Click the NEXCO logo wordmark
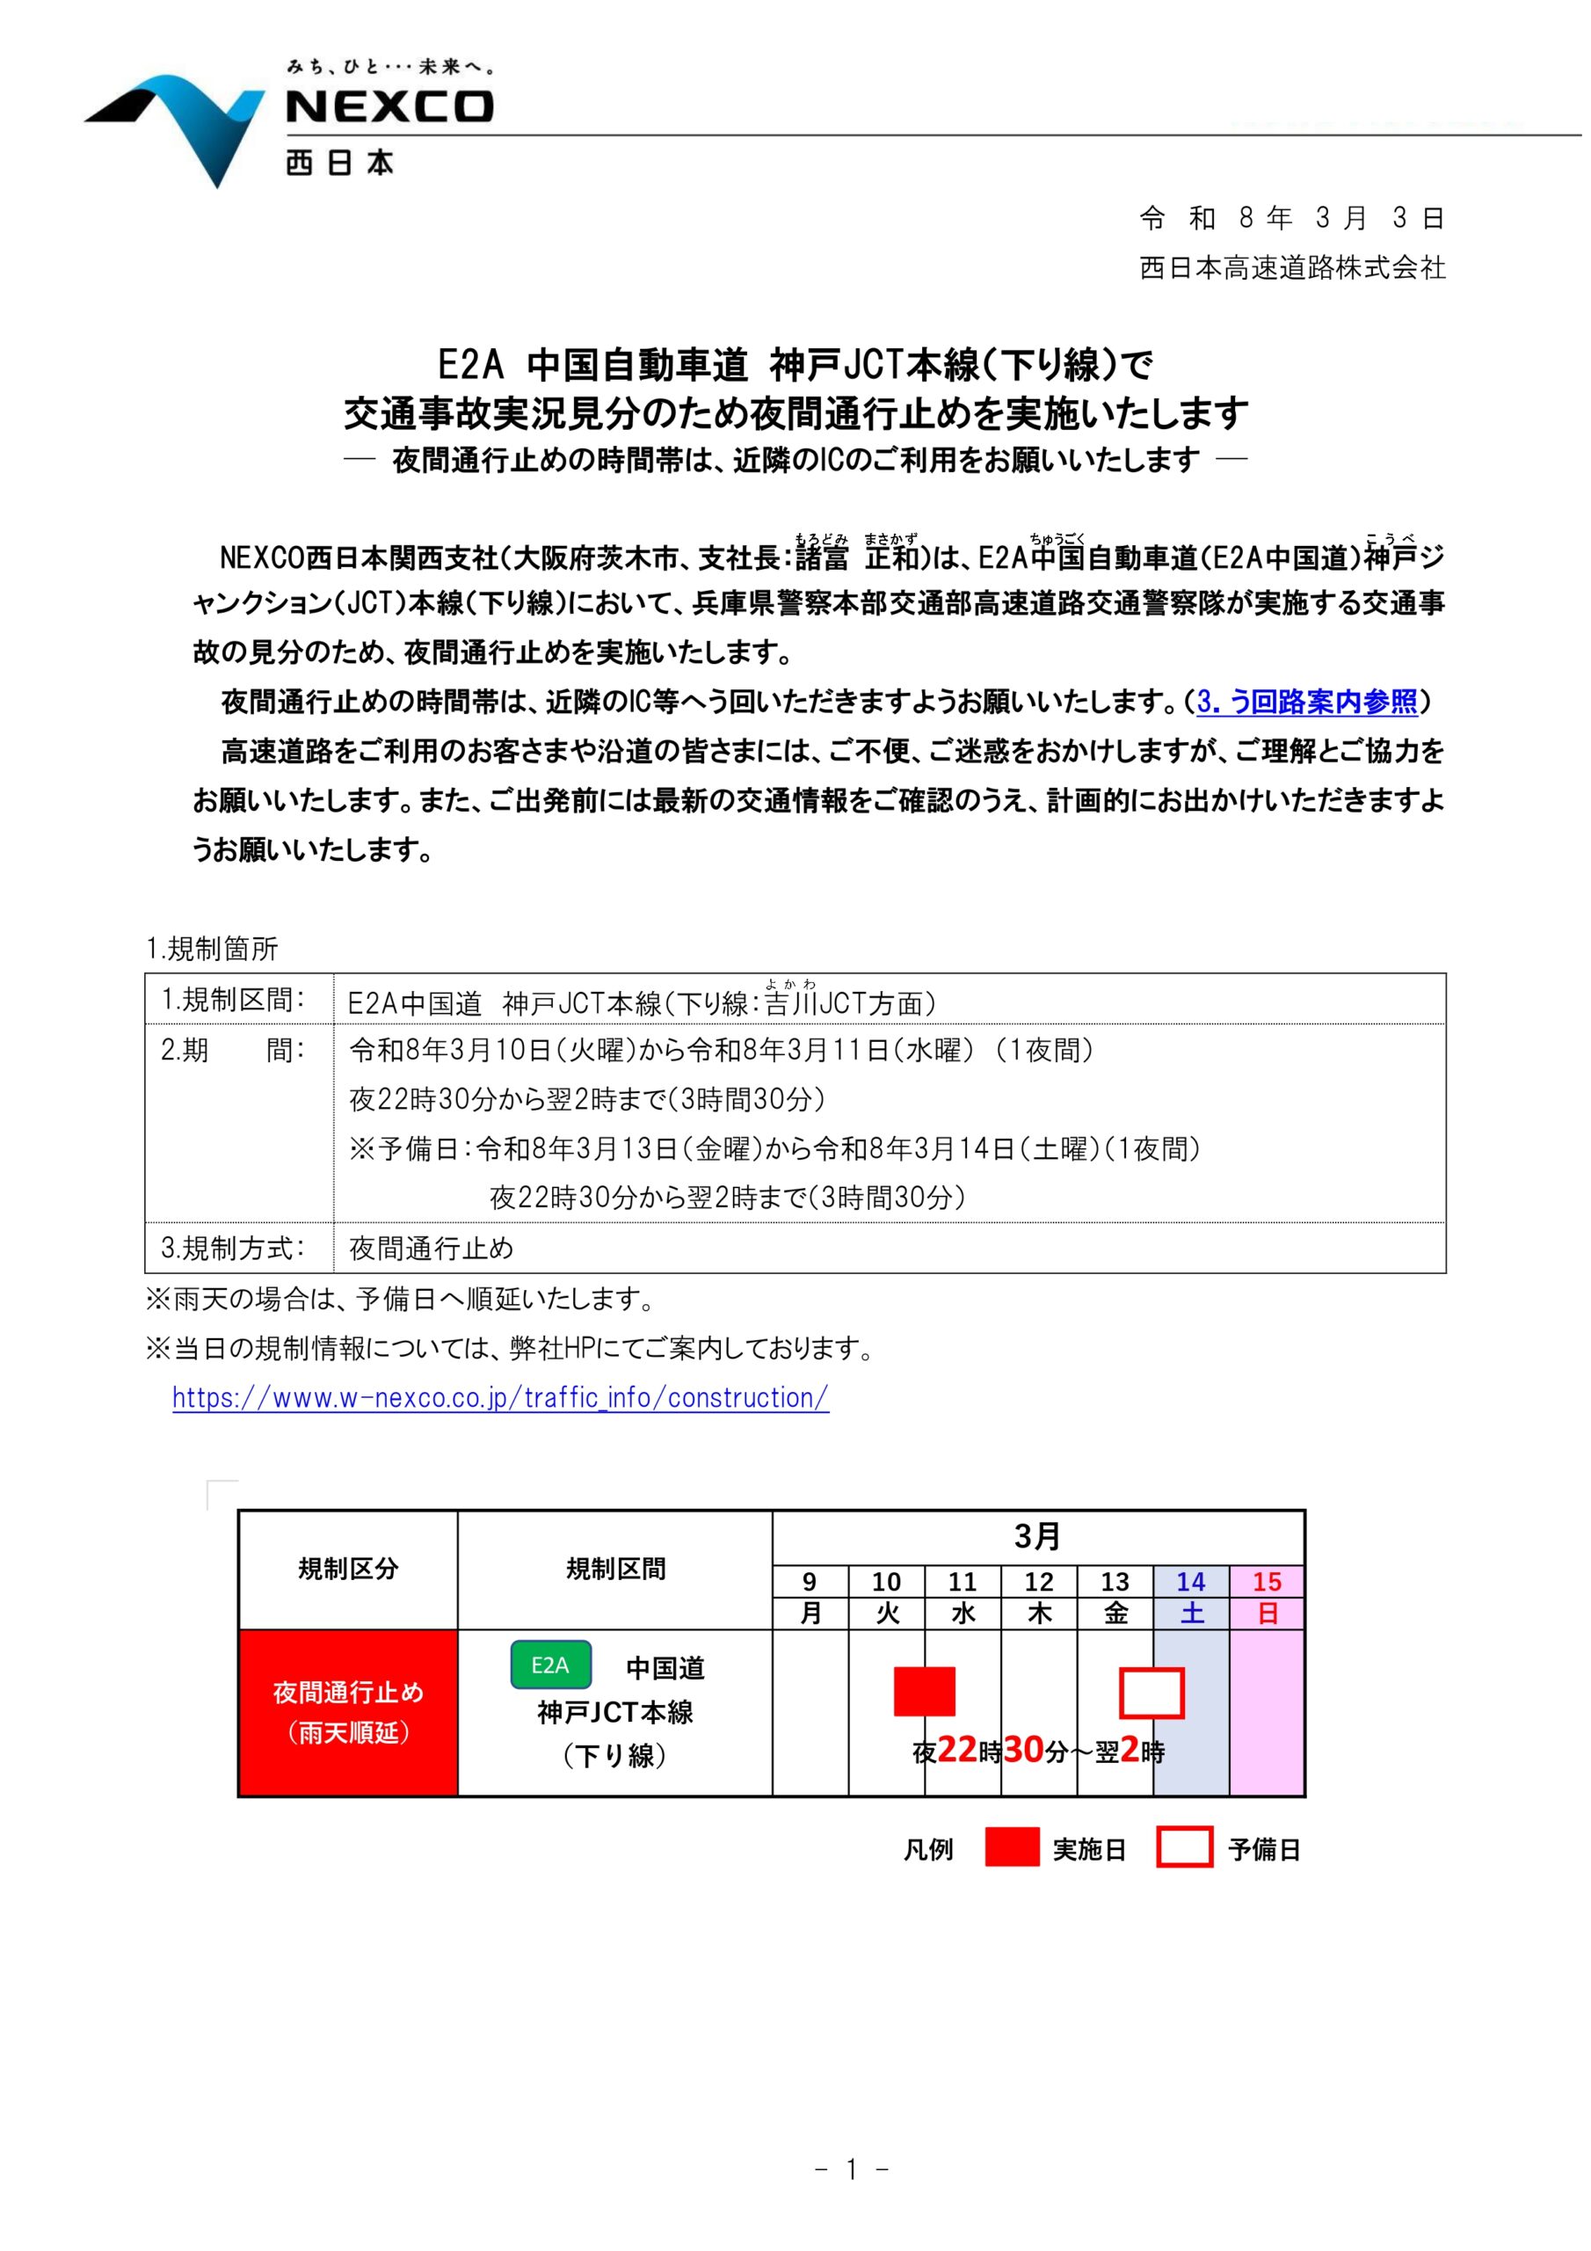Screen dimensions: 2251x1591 [389, 107]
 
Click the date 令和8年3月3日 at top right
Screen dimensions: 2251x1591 [1291, 218]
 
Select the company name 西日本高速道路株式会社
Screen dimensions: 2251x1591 [1291, 267]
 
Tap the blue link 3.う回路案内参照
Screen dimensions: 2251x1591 [1307, 702]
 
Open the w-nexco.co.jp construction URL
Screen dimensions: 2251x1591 [500, 1397]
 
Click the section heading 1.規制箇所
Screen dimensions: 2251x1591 [212, 948]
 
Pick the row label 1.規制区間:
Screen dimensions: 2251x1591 [233, 999]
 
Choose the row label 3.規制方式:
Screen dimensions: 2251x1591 [233, 1248]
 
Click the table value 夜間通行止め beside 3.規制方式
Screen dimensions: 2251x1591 [432, 1248]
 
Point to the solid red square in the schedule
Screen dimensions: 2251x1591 [924, 1691]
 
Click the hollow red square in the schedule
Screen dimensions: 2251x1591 [1151, 1694]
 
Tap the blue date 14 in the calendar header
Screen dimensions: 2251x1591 [1190, 1581]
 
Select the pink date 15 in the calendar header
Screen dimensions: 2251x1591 [1267, 1581]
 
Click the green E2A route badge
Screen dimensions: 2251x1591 [550, 1665]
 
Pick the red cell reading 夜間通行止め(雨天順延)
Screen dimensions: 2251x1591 [348, 1712]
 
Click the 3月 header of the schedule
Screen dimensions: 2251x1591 [1037, 1536]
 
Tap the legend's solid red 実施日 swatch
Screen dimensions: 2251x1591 [1011, 1849]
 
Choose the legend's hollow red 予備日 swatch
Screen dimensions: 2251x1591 [1184, 1849]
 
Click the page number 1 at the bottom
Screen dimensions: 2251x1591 [851, 2197]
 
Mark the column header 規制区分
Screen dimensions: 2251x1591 [348, 1569]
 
